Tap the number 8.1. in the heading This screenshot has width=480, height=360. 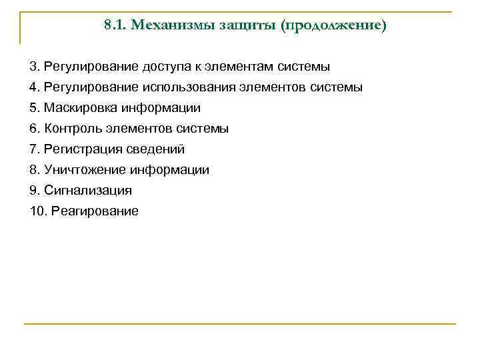click(116, 26)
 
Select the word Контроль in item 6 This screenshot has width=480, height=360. click(71, 129)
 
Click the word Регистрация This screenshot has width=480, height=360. click(79, 149)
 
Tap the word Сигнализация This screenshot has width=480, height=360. click(88, 191)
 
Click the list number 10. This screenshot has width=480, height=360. click(37, 211)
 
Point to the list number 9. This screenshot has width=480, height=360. click(34, 191)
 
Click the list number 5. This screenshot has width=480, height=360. click(34, 108)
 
